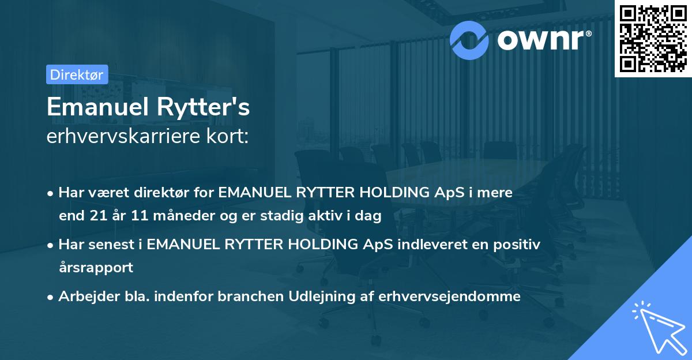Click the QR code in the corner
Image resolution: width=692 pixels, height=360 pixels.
coord(653,38)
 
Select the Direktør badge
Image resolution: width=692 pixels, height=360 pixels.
coord(77,74)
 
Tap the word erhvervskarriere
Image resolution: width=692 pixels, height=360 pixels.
coord(128,137)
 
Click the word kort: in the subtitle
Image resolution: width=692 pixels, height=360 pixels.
coord(231,137)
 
